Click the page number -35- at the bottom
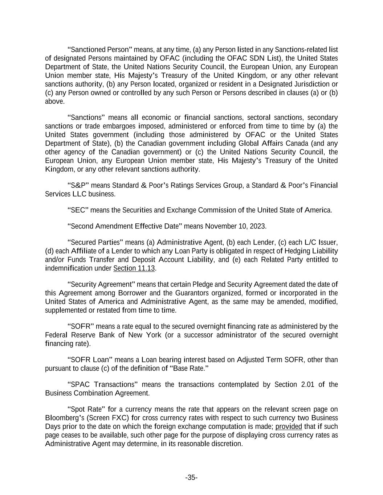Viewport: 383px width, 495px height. tap(191, 478)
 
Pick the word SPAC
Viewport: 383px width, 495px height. tap(81, 384)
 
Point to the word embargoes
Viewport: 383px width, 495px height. tap(121, 126)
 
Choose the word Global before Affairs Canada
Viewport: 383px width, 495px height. tap(240, 143)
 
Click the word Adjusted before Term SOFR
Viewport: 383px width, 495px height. tap(250, 360)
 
